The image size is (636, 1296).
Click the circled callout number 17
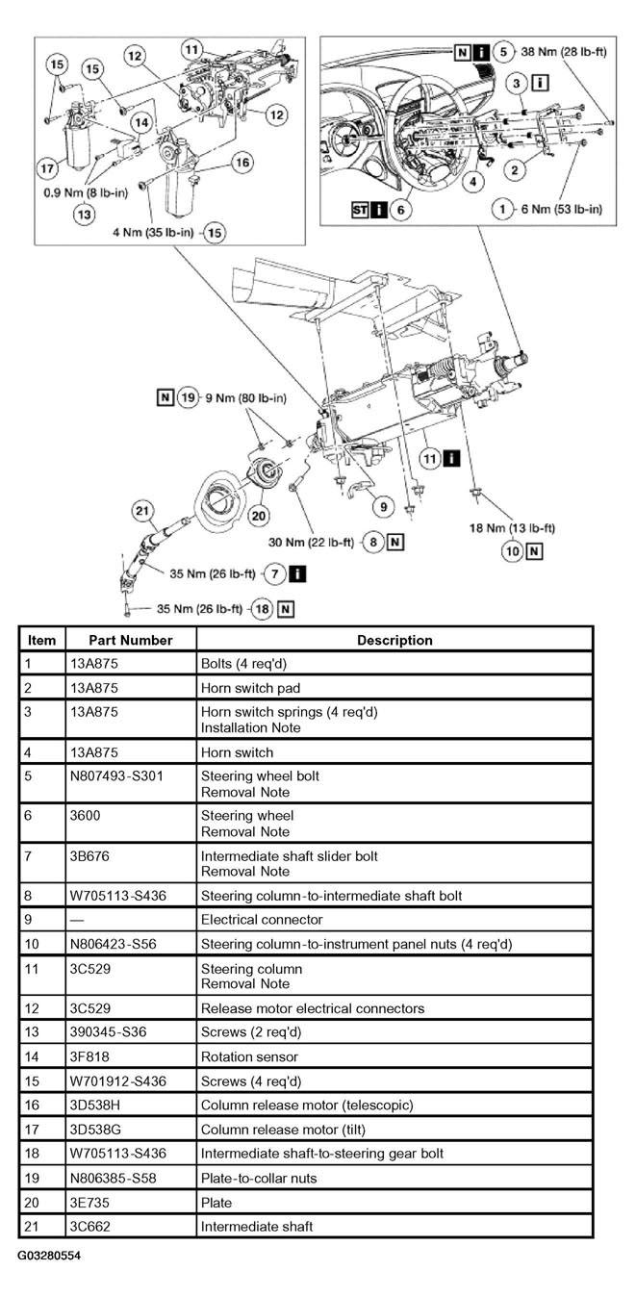click(x=47, y=168)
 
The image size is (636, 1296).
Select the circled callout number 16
click(x=242, y=163)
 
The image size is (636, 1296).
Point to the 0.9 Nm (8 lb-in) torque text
click(x=85, y=192)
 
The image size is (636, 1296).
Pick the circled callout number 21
click(x=143, y=510)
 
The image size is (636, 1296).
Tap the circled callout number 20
click(x=258, y=516)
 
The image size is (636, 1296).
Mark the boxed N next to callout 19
click(x=165, y=396)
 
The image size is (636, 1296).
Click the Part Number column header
click(x=131, y=640)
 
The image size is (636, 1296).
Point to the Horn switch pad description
click(x=249, y=688)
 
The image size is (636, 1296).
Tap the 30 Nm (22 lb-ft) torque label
click(x=311, y=543)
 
